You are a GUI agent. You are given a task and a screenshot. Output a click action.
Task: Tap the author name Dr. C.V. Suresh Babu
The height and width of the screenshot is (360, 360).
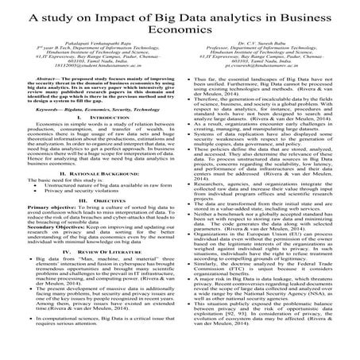[269, 53]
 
